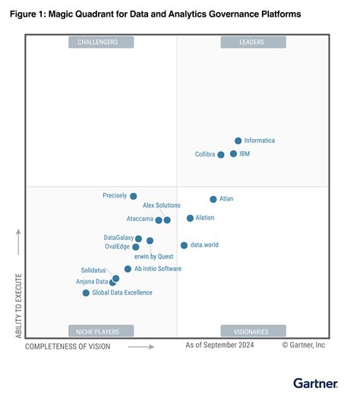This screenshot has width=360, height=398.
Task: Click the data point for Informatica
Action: pos(238,141)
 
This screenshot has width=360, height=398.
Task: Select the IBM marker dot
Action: pos(233,153)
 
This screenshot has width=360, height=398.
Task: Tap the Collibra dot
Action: pos(221,154)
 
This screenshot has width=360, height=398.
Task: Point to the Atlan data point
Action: pos(213,199)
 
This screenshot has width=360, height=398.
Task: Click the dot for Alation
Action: pos(190,218)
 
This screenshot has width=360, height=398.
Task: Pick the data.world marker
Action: pos(184,245)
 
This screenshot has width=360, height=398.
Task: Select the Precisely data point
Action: pos(133,196)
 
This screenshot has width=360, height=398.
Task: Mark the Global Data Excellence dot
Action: pos(86,292)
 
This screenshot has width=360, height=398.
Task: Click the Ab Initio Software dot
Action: pos(128,269)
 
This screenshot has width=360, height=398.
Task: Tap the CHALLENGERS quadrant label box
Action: pos(101,43)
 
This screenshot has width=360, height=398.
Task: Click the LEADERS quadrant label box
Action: pos(253,43)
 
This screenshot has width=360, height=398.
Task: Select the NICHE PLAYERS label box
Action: pos(101,330)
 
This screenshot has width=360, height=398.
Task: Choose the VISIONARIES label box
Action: pos(253,330)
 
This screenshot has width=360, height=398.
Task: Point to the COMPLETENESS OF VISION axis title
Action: pos(68,346)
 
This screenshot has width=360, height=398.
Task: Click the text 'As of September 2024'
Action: pos(221,345)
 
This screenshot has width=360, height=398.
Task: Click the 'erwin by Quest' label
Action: pos(153,257)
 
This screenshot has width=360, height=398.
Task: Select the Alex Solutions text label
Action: pos(162,206)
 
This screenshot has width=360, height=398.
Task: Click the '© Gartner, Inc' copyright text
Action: pos(303,345)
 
